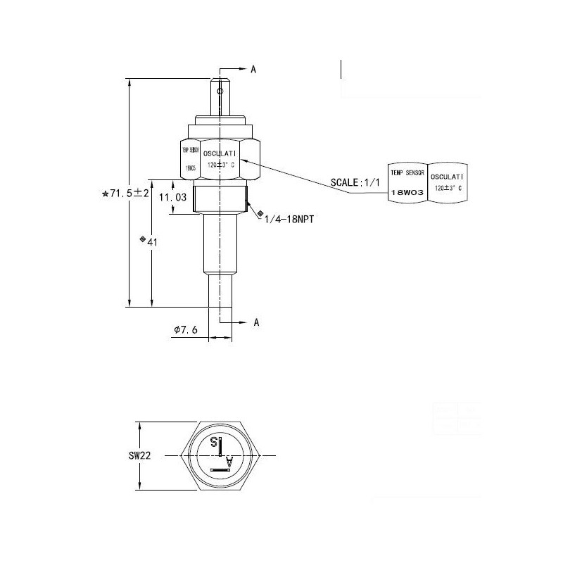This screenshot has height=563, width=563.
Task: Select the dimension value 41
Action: pos(152,241)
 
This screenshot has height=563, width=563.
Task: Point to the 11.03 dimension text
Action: pos(172,198)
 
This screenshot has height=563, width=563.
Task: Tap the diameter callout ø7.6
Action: pos(186,329)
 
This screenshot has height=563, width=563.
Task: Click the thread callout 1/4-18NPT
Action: pos(289,220)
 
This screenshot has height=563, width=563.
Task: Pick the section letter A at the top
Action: pos(253,69)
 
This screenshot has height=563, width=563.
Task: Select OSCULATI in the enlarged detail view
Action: pos(448,177)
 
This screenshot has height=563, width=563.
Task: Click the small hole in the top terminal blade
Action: pos(220,90)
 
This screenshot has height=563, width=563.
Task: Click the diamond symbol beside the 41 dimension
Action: pos(143,241)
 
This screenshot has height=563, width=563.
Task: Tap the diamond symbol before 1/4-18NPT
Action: pos(260,213)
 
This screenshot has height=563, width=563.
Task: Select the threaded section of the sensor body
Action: pos(220,200)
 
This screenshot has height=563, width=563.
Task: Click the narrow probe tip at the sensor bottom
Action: pos(220,291)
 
